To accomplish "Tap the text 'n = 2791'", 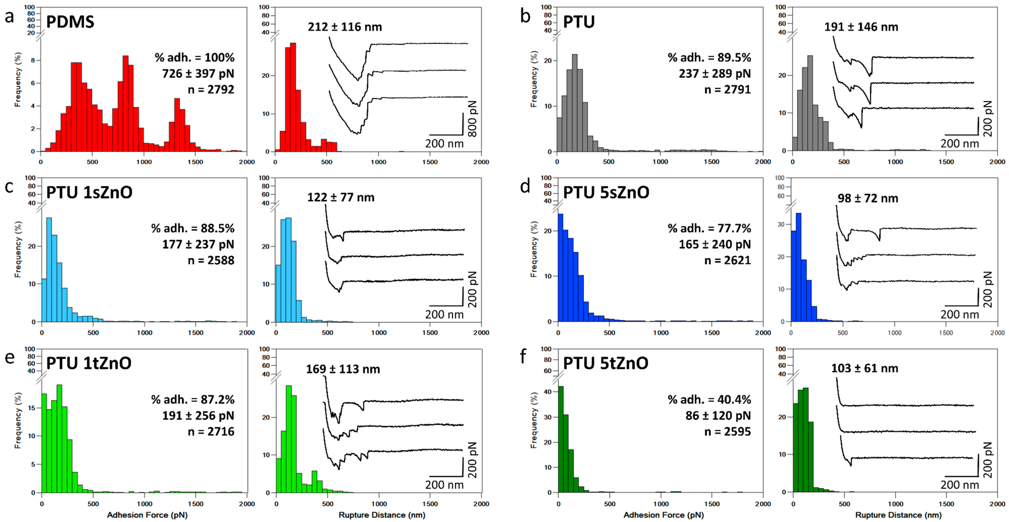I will pos(727,90).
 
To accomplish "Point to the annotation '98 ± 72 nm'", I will pos(868,198).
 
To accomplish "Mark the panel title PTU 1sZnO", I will pos(89,192).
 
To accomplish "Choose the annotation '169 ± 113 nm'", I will pos(343,369).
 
